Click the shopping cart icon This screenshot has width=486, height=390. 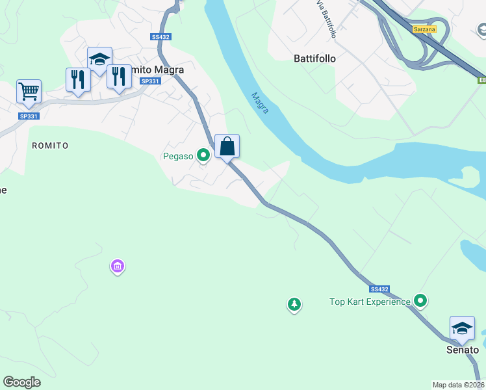(x=29, y=92)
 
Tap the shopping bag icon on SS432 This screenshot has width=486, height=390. (x=227, y=146)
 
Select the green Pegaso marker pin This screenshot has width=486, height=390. (x=203, y=155)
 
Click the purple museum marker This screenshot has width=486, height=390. (x=118, y=266)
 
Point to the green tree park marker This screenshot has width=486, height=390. (x=294, y=304)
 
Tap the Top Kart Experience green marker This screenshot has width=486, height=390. (x=420, y=300)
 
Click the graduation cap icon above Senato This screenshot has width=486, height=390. (x=461, y=328)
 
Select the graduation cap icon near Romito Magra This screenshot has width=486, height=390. (x=99, y=59)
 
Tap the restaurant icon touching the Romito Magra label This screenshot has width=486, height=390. (x=119, y=77)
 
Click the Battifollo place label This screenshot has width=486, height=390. (x=314, y=58)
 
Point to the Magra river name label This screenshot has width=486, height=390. (x=260, y=103)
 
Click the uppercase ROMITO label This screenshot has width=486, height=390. (x=50, y=146)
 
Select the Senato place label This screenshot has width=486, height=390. (x=462, y=350)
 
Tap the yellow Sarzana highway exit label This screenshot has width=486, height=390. (x=424, y=29)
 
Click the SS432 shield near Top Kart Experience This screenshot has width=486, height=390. (x=379, y=289)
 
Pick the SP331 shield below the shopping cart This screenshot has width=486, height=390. (x=29, y=116)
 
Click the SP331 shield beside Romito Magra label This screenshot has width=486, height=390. (x=149, y=81)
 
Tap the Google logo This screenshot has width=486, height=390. (x=22, y=382)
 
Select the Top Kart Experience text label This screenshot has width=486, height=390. (x=370, y=302)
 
